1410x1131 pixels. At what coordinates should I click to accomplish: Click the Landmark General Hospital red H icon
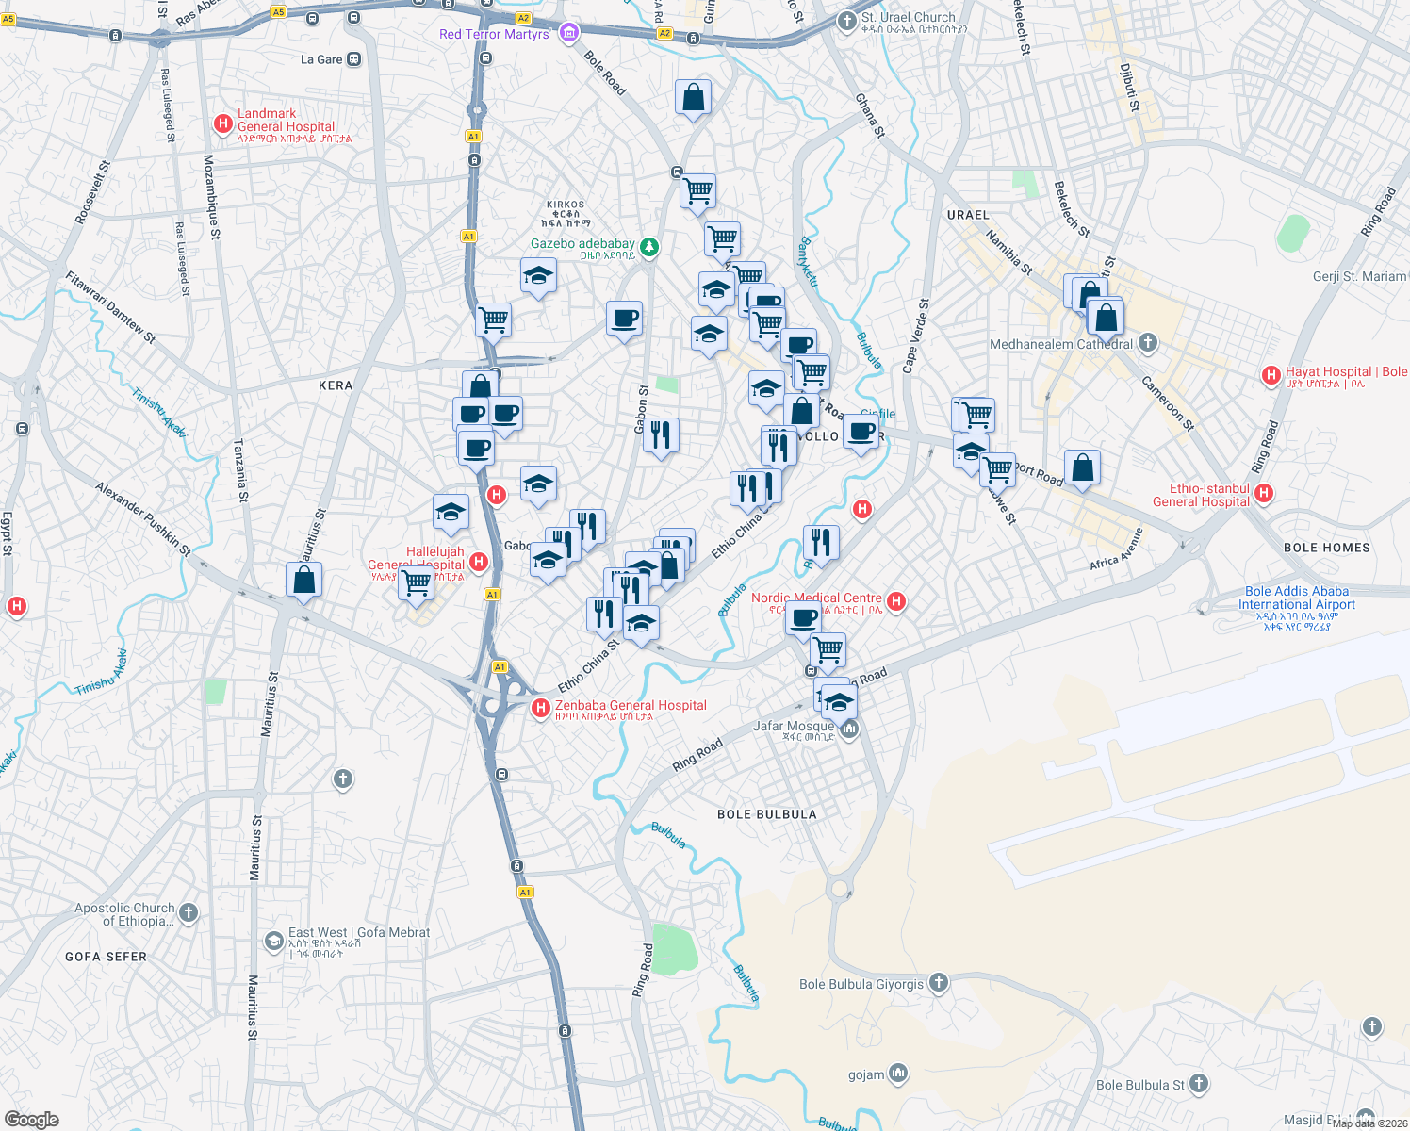pyautogui.click(x=223, y=123)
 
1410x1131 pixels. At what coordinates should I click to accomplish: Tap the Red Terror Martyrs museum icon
pyautogui.click(x=568, y=34)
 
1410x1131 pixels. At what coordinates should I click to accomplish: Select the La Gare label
pyautogui.click(x=321, y=59)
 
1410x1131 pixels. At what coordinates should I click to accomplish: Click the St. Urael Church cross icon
pyautogui.click(x=846, y=19)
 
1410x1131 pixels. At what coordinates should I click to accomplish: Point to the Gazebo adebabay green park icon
pyautogui.click(x=649, y=247)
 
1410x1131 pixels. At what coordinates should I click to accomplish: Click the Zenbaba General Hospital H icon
pyautogui.click(x=541, y=708)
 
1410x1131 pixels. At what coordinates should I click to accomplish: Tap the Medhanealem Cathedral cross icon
pyautogui.click(x=1147, y=342)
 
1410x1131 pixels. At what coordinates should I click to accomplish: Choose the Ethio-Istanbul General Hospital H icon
pyautogui.click(x=1264, y=493)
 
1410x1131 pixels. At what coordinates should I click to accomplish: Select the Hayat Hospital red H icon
pyautogui.click(x=1271, y=376)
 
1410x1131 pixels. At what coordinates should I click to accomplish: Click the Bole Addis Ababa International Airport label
pyautogui.click(x=1297, y=598)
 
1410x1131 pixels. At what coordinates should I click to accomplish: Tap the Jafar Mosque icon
pyautogui.click(x=849, y=729)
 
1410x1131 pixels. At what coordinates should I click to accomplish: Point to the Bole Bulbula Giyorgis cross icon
pyautogui.click(x=938, y=983)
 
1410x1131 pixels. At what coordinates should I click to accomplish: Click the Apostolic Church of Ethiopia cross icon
pyautogui.click(x=189, y=912)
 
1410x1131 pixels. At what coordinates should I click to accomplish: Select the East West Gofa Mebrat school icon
pyautogui.click(x=273, y=941)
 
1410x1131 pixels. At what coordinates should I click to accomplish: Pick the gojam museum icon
pyautogui.click(x=898, y=1073)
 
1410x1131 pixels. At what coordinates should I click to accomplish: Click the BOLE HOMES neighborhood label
pyautogui.click(x=1326, y=548)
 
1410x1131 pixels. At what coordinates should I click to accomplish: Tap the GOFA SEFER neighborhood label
pyautogui.click(x=106, y=957)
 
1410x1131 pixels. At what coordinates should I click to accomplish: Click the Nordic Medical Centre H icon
pyautogui.click(x=896, y=600)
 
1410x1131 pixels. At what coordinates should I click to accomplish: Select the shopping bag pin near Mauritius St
pyautogui.click(x=303, y=580)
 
